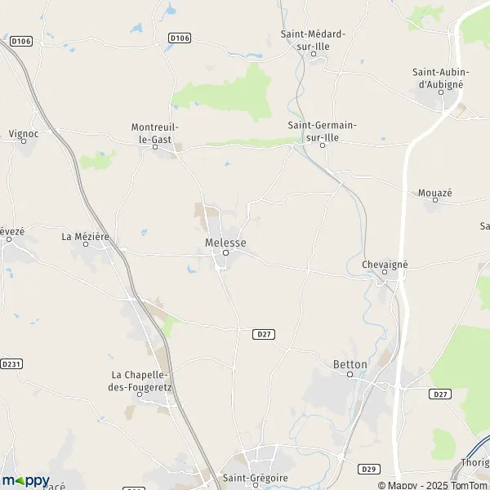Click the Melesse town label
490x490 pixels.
tap(225, 243)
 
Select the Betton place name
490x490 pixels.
tap(350, 363)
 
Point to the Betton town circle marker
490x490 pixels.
tap(350, 375)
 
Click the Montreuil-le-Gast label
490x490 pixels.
tap(154, 132)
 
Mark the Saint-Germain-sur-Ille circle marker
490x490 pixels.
tap(323, 145)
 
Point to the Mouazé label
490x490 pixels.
tap(434, 193)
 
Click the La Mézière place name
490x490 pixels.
tap(85, 237)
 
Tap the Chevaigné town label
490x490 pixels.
tap(384, 265)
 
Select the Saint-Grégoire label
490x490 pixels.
tap(256, 478)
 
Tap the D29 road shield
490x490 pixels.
tap(367, 469)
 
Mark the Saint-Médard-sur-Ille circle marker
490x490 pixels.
tap(313, 54)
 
